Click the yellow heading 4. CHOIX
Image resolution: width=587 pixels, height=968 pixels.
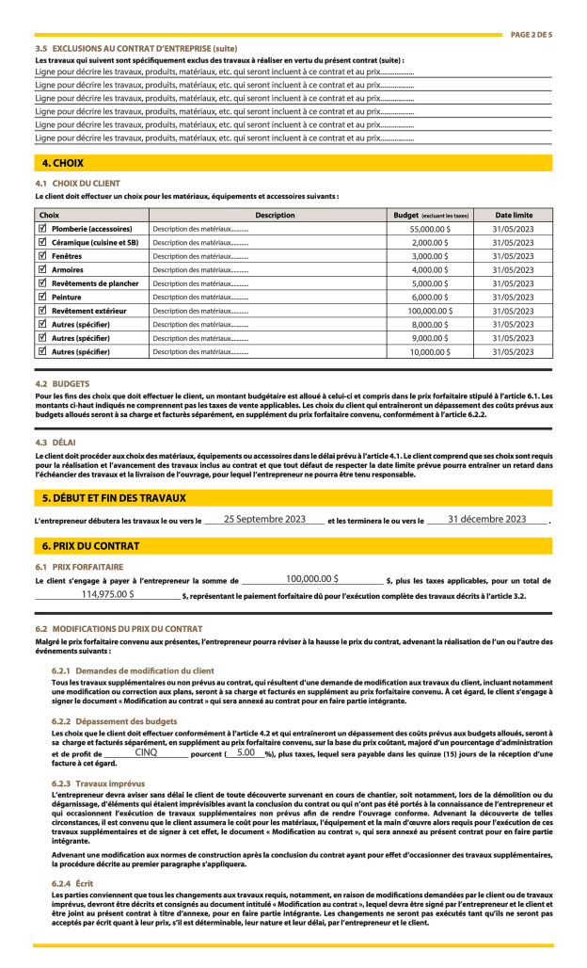[62, 163]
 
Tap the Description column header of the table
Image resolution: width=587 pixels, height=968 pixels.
[275, 215]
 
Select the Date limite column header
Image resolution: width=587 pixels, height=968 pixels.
[514, 215]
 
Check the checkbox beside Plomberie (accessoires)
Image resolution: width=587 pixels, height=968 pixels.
[41, 229]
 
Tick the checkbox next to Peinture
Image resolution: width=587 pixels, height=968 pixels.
[41, 297]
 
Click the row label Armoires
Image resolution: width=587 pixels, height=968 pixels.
[68, 269]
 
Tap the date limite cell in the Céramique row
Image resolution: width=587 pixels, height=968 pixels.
[514, 242]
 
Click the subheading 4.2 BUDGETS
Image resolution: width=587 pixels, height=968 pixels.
[62, 384]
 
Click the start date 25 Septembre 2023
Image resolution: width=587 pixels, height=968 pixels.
[264, 519]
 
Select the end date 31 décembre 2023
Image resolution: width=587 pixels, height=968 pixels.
[486, 519]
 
